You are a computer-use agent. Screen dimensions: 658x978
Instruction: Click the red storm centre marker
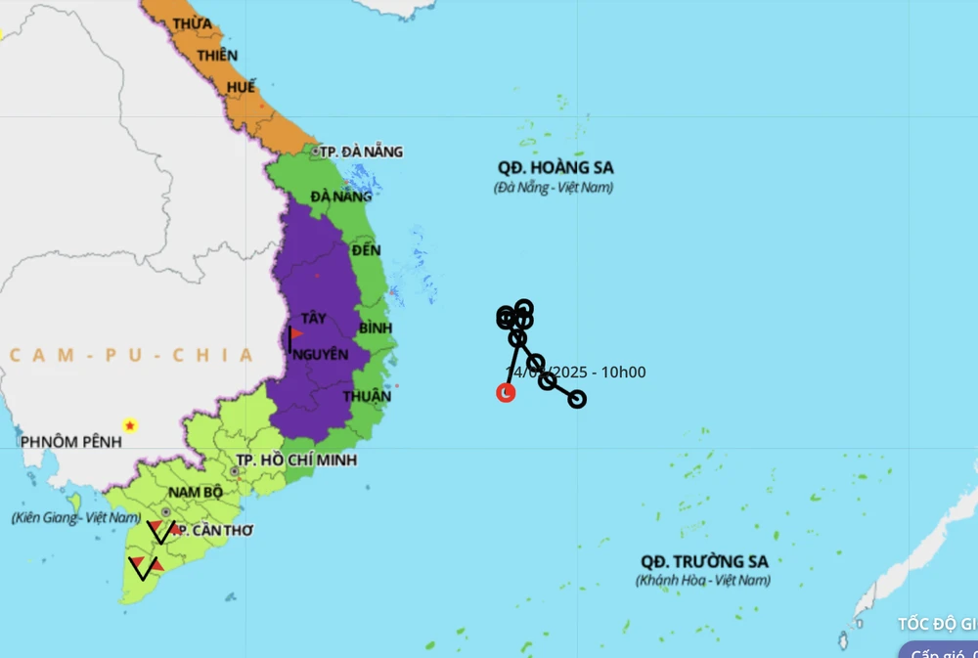(506, 393)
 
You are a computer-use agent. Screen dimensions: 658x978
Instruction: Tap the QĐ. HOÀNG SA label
(555, 167)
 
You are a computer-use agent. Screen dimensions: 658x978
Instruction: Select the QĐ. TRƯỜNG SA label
(704, 561)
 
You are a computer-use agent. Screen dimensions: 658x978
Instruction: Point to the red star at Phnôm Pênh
(129, 425)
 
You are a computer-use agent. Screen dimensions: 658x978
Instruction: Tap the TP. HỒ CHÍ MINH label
(296, 460)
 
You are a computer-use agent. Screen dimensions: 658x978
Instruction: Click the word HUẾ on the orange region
(241, 87)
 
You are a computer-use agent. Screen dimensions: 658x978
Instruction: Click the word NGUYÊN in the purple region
(320, 354)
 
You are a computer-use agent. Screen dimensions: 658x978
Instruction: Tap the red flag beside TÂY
(296, 333)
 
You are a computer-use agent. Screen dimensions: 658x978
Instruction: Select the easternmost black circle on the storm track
(577, 399)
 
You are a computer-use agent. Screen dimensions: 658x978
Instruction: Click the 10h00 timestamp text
(623, 373)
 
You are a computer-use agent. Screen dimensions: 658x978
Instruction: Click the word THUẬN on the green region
(367, 396)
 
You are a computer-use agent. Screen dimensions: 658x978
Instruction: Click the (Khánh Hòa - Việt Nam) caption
(703, 581)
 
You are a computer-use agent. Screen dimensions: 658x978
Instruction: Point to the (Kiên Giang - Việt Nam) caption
(76, 517)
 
